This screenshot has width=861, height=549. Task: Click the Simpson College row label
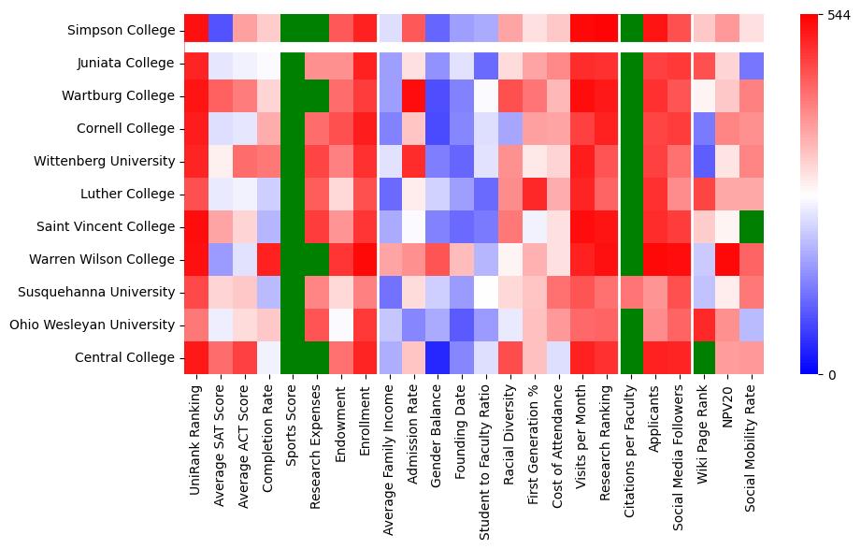point(122,31)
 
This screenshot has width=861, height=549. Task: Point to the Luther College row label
point(129,194)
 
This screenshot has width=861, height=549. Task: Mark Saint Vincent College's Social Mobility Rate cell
point(753,226)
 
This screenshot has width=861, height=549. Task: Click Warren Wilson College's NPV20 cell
point(728,259)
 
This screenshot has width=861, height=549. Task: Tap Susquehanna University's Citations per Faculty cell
point(631,292)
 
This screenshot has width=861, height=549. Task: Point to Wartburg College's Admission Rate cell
point(414,95)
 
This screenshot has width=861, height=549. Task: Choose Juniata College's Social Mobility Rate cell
point(753,63)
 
